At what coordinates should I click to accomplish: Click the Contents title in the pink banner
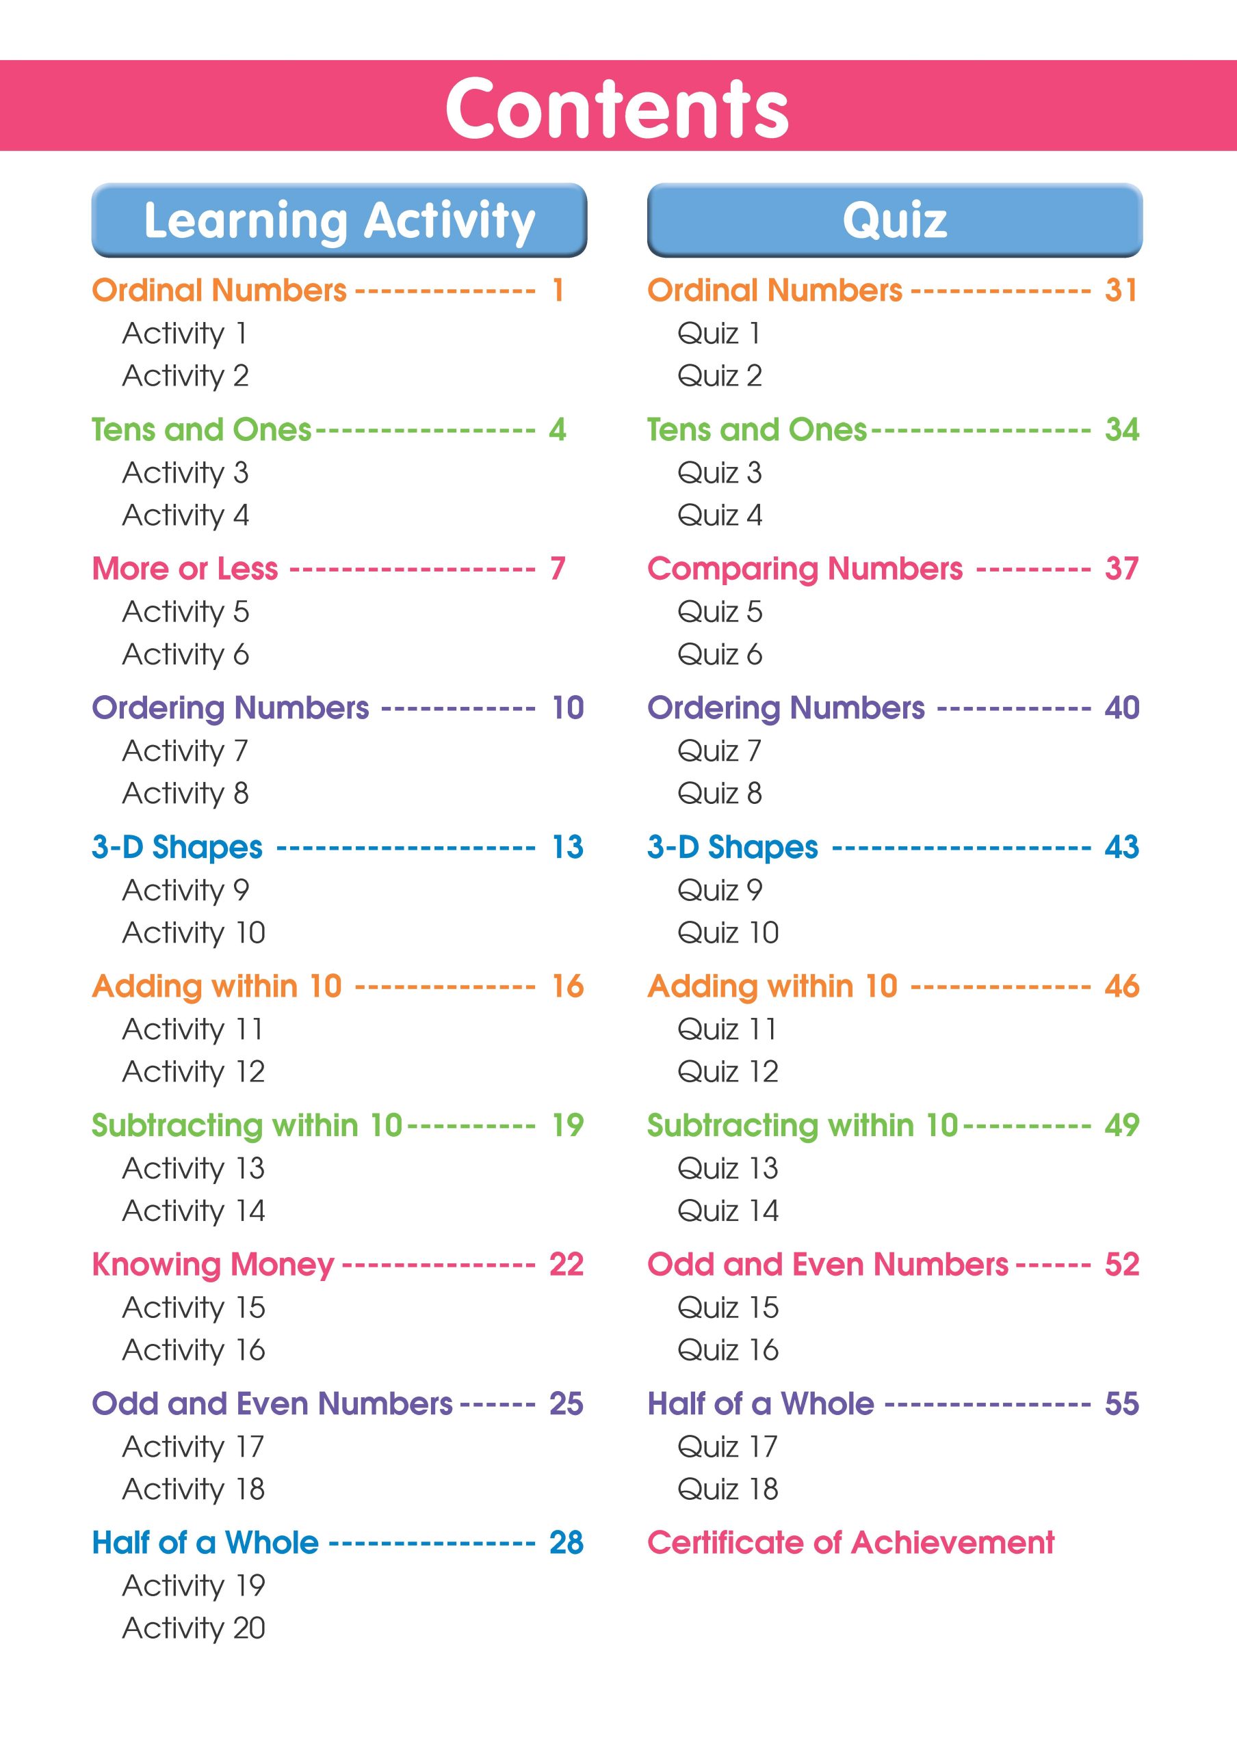[x=617, y=108]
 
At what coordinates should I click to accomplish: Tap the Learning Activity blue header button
[x=339, y=220]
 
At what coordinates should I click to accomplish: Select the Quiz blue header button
[x=895, y=220]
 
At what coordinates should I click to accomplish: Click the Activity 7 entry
[x=185, y=751]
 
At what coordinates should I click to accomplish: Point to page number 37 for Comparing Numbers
[x=1121, y=569]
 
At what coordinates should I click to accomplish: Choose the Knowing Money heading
[x=213, y=1265]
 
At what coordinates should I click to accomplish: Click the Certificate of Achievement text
[x=850, y=1543]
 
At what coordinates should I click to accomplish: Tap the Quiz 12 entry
[x=727, y=1072]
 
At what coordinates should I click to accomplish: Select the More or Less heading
[x=185, y=569]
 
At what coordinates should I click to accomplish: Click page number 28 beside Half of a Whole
[x=566, y=1543]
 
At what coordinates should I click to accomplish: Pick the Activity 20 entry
[x=194, y=1628]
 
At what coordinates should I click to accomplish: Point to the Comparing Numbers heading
[x=805, y=569]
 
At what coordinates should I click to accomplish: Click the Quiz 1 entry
[x=718, y=333]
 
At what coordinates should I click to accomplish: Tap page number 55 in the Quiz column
[x=1121, y=1403]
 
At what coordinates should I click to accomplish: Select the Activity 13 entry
[x=194, y=1168]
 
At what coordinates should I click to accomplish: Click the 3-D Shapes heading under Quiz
[x=732, y=847]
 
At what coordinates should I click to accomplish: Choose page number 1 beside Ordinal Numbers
[x=558, y=291]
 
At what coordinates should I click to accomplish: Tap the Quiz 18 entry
[x=727, y=1489]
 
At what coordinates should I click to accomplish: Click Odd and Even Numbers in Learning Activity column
[x=272, y=1403]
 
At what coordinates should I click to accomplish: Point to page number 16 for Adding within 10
[x=567, y=986]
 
